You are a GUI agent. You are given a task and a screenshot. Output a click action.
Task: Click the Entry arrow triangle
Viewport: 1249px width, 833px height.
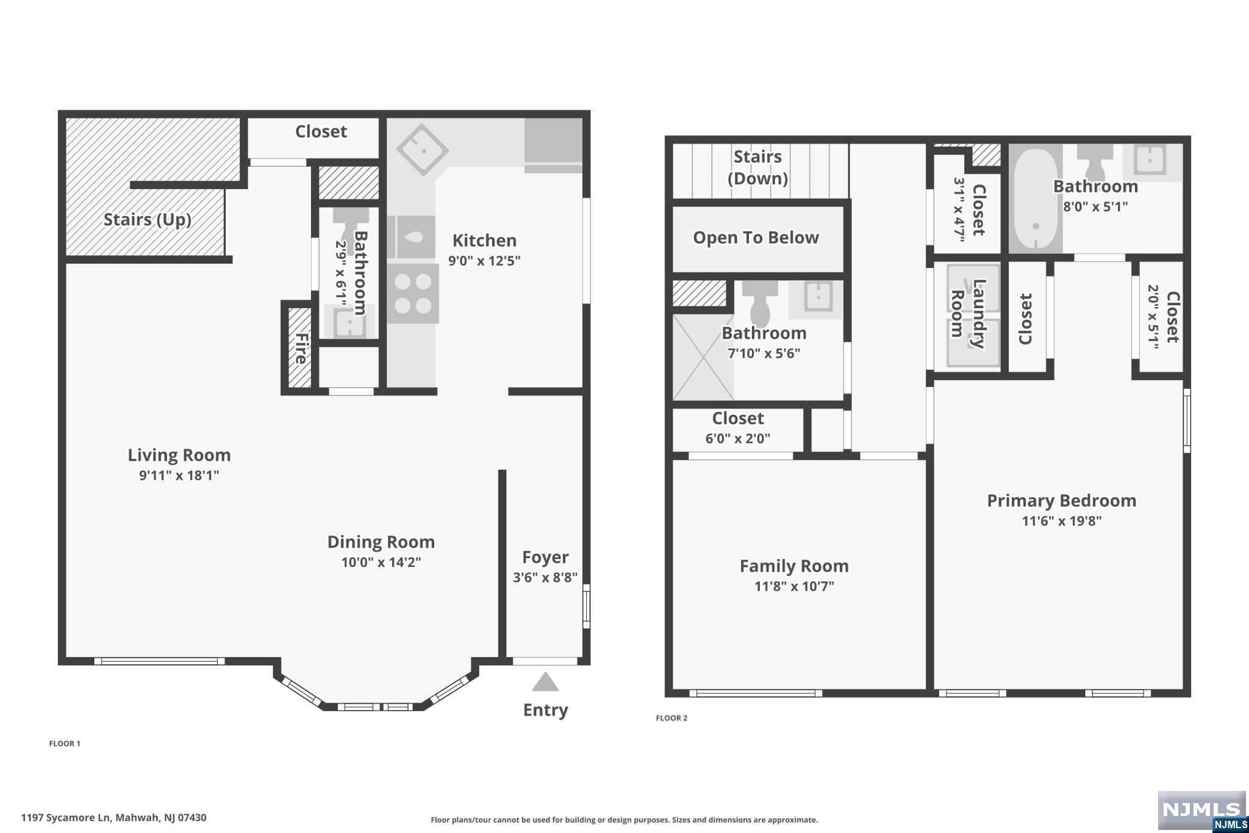coord(545,682)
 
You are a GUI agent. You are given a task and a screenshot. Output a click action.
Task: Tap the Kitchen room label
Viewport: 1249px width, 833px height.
coord(484,240)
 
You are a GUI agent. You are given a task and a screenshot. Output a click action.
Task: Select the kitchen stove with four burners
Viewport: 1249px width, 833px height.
coord(413,294)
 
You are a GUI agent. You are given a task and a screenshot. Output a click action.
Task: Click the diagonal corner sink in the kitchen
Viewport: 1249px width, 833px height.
coord(423,150)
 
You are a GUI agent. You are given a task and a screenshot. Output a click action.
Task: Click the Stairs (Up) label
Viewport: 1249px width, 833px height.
coord(148,220)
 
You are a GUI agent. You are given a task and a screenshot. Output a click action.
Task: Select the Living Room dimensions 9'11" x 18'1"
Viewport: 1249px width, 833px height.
coord(179,475)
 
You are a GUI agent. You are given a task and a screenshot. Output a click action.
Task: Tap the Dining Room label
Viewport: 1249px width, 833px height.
coord(381,542)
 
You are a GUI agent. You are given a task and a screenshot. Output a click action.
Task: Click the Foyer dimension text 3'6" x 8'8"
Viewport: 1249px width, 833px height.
coord(545,577)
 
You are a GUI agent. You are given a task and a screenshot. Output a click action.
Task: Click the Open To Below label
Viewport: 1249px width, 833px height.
coord(756,238)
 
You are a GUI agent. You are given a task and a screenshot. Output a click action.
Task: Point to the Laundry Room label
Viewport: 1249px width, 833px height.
coord(968,314)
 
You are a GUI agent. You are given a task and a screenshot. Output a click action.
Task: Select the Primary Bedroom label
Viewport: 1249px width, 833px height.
coord(1062,501)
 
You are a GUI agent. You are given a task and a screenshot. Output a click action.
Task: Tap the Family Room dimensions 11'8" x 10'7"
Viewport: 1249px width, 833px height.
coord(794,586)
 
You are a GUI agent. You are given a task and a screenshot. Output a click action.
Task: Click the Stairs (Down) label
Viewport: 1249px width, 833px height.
coord(757,167)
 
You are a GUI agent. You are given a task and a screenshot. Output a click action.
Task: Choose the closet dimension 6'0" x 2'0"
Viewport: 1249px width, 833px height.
coord(738,439)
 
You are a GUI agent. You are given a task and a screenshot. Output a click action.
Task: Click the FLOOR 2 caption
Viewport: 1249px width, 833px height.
coord(671,718)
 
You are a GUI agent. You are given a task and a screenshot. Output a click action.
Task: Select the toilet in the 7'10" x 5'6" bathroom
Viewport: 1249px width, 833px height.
coord(760,303)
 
